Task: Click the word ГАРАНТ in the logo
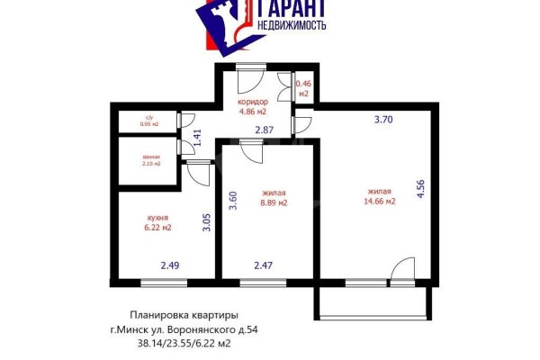292,10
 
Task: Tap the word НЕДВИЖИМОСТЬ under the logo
292,27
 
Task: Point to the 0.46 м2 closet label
303,88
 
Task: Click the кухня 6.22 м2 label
158,221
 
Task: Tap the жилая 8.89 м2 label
274,198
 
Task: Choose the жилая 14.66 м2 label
380,196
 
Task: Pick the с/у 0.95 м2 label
149,121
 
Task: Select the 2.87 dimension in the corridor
264,131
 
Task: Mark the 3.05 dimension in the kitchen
206,222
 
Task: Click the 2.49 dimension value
171,265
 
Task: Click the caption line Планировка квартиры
184,315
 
